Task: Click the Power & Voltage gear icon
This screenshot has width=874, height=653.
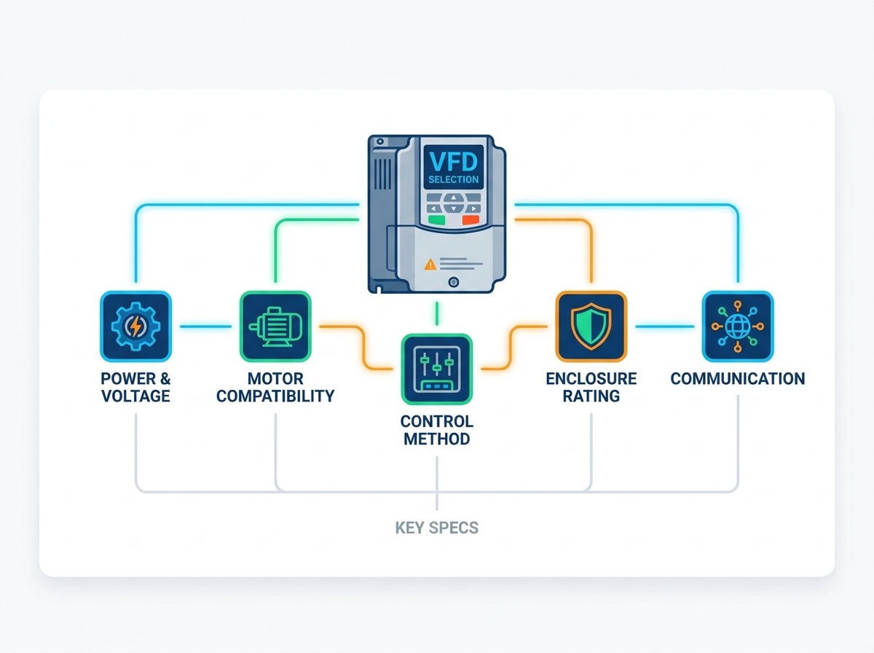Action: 135,326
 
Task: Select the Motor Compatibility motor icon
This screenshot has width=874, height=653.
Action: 275,326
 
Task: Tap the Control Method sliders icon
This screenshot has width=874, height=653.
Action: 437,369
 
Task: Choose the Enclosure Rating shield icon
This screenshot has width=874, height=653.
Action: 591,326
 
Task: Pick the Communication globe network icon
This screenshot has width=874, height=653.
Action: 737,326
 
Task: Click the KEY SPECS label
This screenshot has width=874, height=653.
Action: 437,528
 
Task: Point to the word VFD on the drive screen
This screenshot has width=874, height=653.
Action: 454,161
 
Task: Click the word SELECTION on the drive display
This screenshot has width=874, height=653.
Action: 454,180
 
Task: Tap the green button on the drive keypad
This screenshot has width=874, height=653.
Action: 436,220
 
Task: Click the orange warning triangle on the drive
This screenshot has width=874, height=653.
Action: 430,265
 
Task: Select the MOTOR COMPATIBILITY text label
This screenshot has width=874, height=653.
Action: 275,387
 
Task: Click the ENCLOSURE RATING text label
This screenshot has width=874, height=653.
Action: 591,387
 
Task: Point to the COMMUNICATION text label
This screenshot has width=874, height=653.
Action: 737,378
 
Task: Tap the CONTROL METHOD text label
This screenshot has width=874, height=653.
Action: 437,430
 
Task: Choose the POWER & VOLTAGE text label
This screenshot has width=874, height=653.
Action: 135,387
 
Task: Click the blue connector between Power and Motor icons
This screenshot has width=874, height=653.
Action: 205,326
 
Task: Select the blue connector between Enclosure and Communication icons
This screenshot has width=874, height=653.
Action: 664,326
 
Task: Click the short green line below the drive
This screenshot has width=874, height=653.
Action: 437,313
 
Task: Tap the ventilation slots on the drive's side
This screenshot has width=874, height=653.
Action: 382,174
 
